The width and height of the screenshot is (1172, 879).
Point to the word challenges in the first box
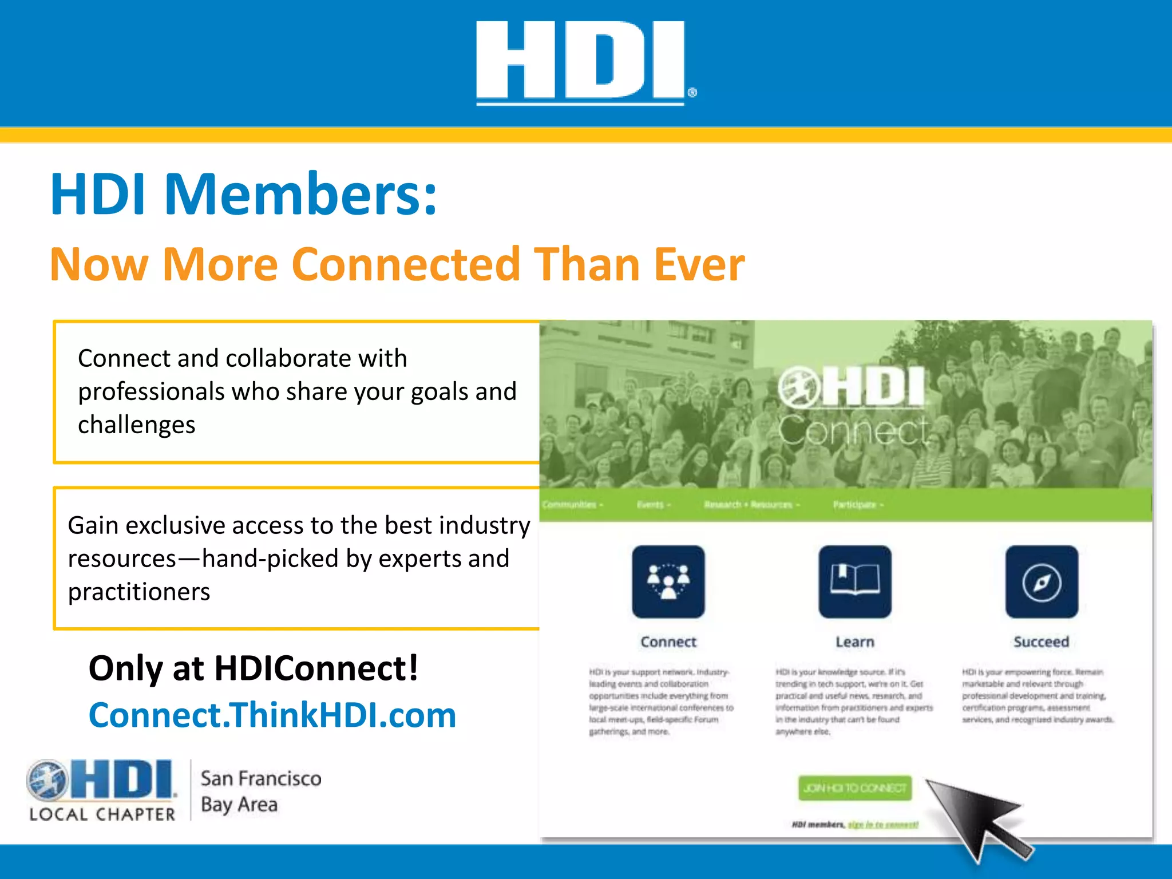[137, 425]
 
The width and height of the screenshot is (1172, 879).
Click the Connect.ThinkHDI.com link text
[272, 715]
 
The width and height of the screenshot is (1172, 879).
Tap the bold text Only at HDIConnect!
[253, 668]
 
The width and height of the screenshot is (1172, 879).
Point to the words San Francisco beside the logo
[261, 779]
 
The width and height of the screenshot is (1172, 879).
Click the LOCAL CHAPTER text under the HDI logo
[102, 814]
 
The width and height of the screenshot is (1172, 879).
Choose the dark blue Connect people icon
[668, 581]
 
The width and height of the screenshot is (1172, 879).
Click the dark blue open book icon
[854, 581]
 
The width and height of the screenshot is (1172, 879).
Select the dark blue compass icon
[1042, 581]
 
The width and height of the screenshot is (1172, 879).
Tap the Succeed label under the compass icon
[1041, 642]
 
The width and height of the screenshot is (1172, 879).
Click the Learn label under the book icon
[854, 642]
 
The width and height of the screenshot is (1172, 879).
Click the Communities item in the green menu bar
[572, 505]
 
